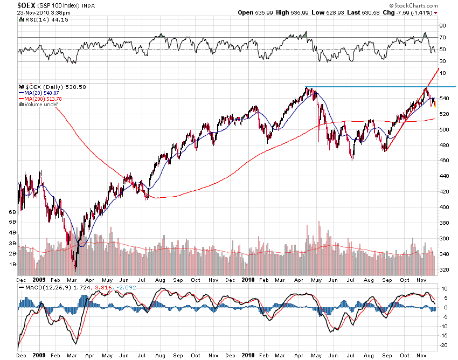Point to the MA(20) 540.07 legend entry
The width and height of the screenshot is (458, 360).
40,93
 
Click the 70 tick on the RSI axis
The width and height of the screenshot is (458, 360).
443,37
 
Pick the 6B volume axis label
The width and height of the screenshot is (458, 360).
12,212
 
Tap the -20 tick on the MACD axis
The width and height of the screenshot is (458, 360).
444,345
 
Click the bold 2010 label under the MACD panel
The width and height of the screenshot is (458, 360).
247,356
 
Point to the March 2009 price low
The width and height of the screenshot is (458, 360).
75,268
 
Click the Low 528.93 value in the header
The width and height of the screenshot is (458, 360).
318,12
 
